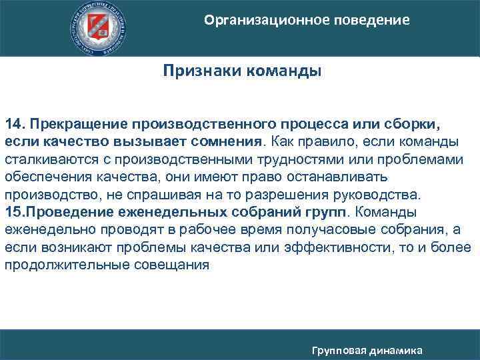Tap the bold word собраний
(x=270, y=213)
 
